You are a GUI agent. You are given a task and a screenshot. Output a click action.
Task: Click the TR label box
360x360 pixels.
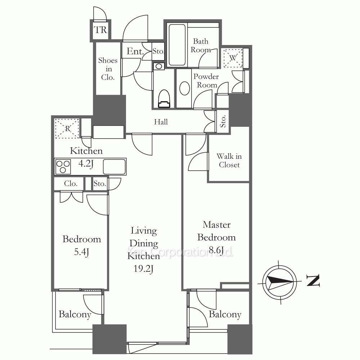[100, 30]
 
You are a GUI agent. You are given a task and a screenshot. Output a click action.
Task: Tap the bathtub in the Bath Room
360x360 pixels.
[177, 45]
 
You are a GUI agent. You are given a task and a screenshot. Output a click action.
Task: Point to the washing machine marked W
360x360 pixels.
[233, 58]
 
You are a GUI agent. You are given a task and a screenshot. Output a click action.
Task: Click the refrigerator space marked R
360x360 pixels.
[67, 129]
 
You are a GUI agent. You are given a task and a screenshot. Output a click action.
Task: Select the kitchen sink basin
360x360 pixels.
[114, 167]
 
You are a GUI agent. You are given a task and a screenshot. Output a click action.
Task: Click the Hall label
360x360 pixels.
[161, 122]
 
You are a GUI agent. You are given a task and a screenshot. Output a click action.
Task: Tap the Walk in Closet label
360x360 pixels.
[229, 161]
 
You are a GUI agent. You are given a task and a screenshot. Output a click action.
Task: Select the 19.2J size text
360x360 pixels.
[144, 269]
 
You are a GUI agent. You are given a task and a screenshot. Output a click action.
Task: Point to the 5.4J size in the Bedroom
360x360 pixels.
[81, 252]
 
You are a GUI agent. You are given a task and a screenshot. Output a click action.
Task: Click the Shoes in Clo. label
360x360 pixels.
[108, 69]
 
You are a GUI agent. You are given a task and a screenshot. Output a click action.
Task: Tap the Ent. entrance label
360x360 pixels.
[135, 51]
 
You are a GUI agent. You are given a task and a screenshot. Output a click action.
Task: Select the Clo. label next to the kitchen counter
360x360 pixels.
[71, 184]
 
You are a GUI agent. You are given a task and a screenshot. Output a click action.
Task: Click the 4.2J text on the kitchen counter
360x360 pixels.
[86, 164]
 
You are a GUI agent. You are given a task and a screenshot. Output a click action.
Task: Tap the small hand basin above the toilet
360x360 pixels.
[159, 67]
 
